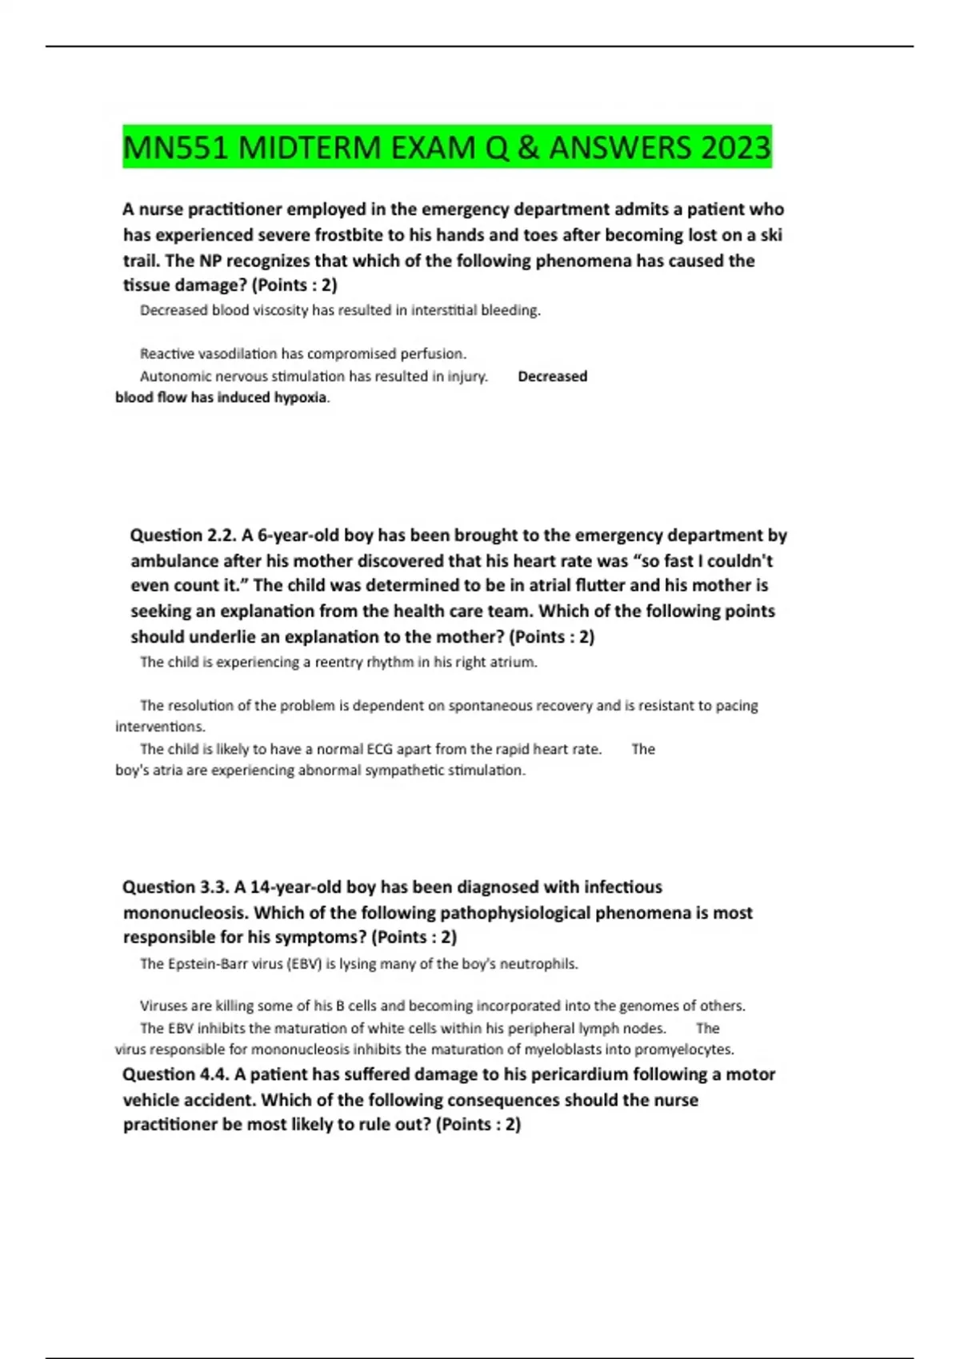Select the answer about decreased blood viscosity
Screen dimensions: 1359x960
[340, 310]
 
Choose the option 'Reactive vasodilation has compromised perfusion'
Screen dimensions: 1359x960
[302, 353]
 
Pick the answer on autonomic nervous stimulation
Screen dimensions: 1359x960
[314, 377]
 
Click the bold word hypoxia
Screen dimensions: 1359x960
[300, 397]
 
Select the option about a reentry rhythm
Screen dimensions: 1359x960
[338, 662]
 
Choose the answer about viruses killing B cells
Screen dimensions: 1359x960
[442, 1006]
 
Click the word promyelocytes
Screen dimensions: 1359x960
[684, 1050]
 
